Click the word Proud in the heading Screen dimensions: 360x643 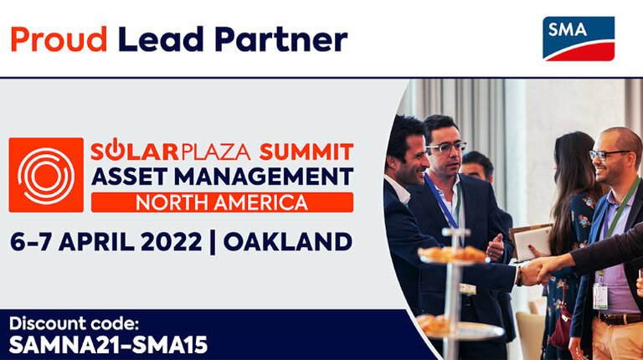[x=58, y=38]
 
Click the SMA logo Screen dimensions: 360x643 [x=579, y=39]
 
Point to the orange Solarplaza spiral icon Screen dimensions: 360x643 [x=46, y=174]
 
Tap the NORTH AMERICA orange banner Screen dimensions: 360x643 [x=222, y=202]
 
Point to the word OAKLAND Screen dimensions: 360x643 [x=287, y=242]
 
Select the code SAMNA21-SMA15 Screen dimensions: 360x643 [x=108, y=344]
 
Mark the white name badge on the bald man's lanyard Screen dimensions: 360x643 [x=599, y=296]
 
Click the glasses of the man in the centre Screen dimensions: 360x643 [x=446, y=147]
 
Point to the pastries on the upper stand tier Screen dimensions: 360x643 [x=452, y=253]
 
